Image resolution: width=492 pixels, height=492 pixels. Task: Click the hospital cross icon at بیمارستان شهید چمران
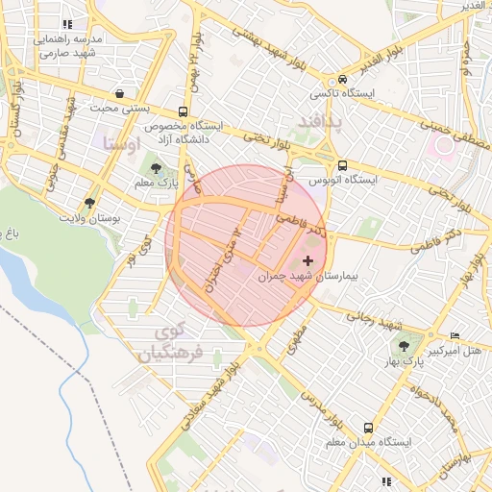[307, 260]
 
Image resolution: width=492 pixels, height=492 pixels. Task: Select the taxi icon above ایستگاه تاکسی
[342, 80]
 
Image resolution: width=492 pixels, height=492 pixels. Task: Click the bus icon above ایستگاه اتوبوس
[343, 165]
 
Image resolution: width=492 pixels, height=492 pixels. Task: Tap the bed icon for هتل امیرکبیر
[455, 335]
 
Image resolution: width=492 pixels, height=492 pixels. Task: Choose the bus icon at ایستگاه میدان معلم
[367, 428]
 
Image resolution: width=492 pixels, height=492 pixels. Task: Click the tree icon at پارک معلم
[156, 169]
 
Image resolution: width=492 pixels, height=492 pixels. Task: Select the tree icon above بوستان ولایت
[89, 204]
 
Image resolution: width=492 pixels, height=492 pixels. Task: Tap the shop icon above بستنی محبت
[118, 93]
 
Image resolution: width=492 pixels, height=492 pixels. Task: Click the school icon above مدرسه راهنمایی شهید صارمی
[67, 24]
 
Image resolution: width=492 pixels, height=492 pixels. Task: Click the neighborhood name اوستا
[121, 145]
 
